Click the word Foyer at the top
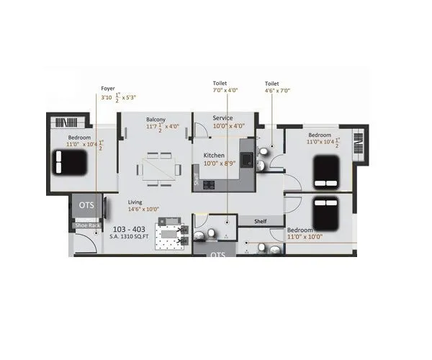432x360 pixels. point(107,89)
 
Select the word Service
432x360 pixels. point(222,118)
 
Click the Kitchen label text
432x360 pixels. point(215,155)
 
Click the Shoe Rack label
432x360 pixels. point(86,226)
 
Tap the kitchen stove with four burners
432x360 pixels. point(210,184)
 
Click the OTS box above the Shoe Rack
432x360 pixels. point(86,205)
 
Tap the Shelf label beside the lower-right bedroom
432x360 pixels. point(261,221)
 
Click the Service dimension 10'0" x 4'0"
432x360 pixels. point(229,126)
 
